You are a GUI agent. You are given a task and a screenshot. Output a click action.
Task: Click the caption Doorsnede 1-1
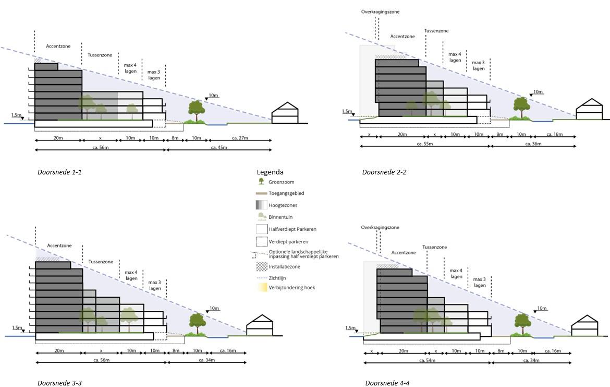coord(59,172)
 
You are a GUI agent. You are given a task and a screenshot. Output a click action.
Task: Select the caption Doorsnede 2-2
coord(384,172)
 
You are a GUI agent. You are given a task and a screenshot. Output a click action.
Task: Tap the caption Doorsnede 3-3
coord(59,383)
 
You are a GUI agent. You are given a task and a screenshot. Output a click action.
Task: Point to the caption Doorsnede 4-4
coord(387,383)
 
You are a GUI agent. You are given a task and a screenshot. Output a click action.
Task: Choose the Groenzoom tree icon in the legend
coord(261,182)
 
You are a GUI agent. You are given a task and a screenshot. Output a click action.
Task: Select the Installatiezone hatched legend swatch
coord(262,266)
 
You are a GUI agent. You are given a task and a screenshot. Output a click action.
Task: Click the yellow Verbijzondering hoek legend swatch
coord(262,288)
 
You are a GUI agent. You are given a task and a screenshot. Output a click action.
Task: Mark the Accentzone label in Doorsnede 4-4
coord(403,253)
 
